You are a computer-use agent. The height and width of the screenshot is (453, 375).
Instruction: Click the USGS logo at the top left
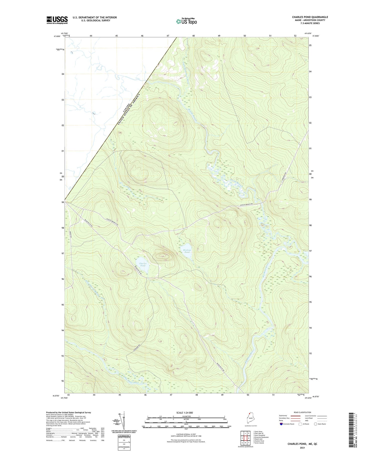57,20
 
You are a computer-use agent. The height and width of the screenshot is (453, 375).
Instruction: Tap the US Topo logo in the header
186,21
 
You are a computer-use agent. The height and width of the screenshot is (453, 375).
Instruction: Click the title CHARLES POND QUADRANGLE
310,17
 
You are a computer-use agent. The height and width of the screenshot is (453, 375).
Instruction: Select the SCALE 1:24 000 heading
184,413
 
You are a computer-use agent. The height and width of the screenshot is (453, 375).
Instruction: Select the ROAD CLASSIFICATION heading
302,412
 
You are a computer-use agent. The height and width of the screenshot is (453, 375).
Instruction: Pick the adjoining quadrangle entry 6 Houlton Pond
258,441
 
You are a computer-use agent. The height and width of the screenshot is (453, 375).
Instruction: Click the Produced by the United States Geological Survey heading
68,413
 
